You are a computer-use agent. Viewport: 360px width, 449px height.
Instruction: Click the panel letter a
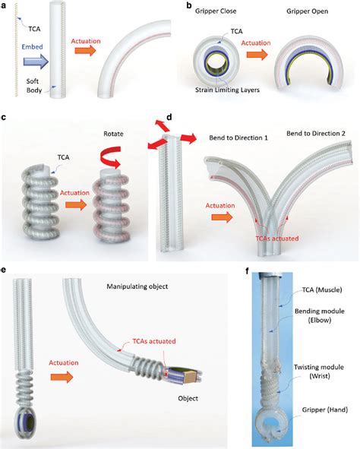click(5, 7)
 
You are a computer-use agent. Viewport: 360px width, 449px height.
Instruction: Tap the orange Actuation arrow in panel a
click(88, 63)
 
